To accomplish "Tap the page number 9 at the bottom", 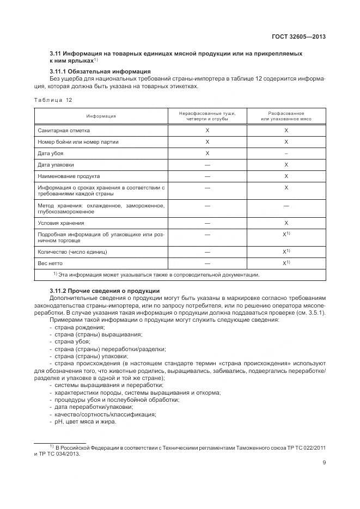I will click(324, 464).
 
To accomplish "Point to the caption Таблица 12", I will click(53, 100).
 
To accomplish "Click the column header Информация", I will click(101, 116).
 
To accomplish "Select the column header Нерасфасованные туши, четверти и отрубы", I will click(207, 116).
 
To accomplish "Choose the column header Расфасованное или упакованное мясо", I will click(286, 116).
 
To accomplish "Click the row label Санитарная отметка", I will click(64, 131).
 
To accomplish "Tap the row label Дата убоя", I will click(50, 154).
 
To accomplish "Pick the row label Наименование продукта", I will click(69, 176).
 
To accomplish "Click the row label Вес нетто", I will click(50, 263).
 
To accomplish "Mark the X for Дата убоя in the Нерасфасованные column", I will click(207, 154).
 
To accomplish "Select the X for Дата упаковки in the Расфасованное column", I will click(286, 165).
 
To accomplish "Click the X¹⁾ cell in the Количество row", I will click(286, 252).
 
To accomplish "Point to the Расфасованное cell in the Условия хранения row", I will click(286, 223).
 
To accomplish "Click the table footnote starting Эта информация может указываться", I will click(158, 275).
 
